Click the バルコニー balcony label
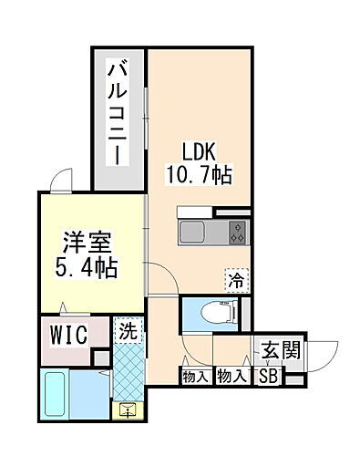[118, 112]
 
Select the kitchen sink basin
[197, 233]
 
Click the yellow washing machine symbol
[128, 408]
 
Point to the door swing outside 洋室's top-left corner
[62, 181]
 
